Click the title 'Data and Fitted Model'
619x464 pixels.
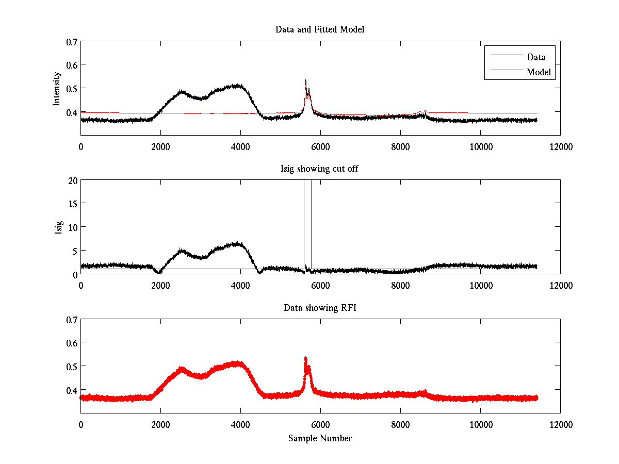pos(320,29)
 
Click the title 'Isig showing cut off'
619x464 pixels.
pos(320,169)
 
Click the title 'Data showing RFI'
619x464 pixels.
pos(320,308)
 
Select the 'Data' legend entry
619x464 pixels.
pos(536,57)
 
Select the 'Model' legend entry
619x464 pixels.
pos(539,72)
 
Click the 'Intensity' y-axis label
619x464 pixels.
pos(57,88)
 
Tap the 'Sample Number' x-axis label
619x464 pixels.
pos(320,438)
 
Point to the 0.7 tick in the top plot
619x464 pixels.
pos(71,41)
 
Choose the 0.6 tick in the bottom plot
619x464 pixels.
pos(71,343)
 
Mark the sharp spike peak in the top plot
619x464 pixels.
pos(306,80)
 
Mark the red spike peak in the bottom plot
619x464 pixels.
pos(306,357)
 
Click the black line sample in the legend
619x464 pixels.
pos(506,55)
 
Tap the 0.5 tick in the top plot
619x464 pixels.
pos(71,88)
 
